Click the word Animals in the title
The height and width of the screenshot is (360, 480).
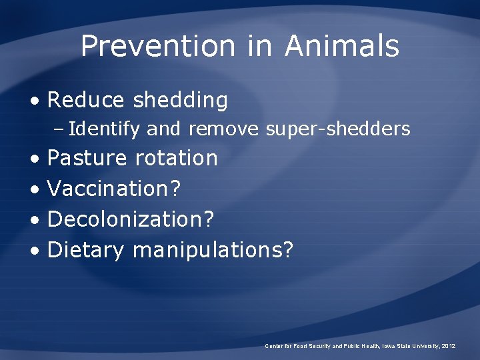tap(342, 46)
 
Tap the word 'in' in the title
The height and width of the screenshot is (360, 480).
tap(260, 46)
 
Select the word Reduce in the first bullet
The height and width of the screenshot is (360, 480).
tap(86, 100)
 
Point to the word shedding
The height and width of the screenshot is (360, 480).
tap(180, 101)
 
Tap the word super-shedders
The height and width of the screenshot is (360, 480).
tap(338, 129)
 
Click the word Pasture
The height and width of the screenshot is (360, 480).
tap(87, 158)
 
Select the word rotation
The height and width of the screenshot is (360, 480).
tap(176, 158)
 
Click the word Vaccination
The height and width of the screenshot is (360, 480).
tap(109, 189)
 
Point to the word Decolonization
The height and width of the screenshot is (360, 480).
tap(126, 219)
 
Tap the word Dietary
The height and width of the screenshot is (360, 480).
tap(86, 251)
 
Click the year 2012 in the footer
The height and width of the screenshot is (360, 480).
tap(448, 346)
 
